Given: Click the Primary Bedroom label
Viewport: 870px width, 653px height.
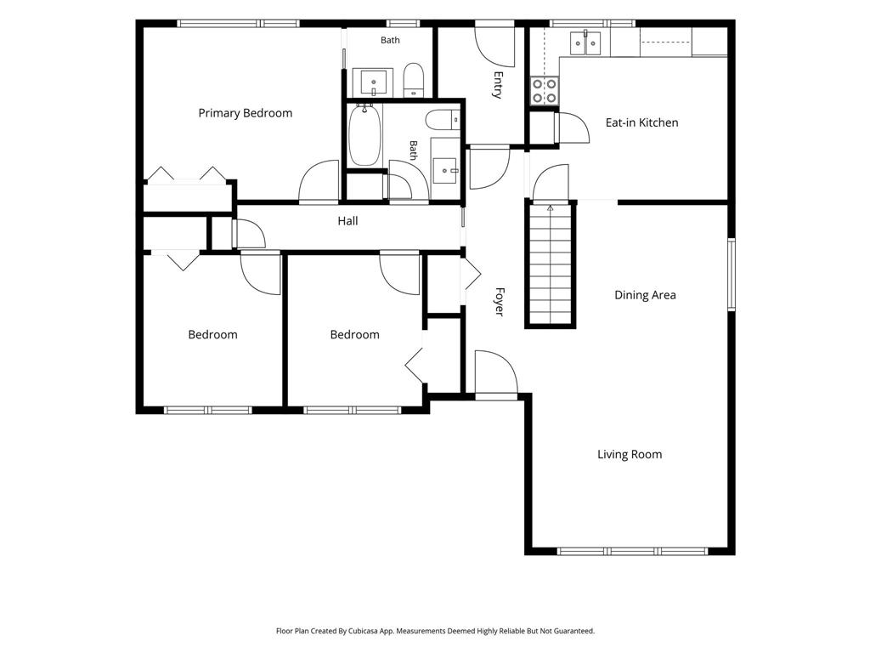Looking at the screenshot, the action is click(246, 113).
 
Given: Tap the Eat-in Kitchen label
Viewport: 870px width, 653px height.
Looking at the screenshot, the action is click(642, 122).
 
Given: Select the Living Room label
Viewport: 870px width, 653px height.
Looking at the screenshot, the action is click(630, 454).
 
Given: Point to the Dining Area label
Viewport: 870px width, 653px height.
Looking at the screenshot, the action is click(646, 295).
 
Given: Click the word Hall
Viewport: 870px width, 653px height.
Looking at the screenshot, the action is click(347, 221).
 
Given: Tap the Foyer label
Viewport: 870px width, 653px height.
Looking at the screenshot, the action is click(500, 302).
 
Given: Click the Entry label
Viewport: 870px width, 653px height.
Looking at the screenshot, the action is click(498, 85).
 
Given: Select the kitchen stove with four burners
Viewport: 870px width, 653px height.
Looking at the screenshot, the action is click(545, 91).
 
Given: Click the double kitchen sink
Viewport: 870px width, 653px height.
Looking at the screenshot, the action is click(585, 43).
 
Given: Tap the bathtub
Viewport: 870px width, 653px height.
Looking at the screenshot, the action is click(364, 135).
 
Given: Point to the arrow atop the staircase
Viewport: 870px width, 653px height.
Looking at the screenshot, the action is click(550, 209).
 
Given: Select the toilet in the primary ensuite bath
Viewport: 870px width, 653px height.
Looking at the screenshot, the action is click(414, 81).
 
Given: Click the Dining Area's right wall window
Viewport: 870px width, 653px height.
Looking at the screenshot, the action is click(732, 274).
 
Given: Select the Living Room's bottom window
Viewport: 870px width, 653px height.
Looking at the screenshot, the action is click(632, 551).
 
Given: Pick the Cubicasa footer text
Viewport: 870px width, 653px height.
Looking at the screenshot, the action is click(435, 631).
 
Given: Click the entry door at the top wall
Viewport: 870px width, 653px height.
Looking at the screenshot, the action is click(495, 43).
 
